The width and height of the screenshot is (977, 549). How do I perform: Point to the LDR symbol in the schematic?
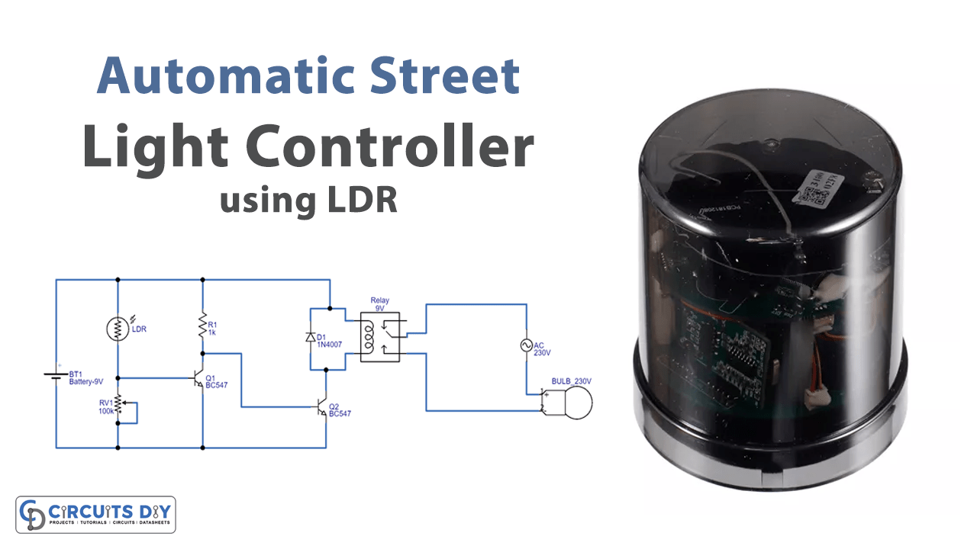[x=118, y=329]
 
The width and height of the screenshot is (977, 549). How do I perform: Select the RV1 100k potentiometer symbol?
[x=118, y=408]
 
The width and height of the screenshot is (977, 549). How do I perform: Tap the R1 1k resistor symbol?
[x=203, y=324]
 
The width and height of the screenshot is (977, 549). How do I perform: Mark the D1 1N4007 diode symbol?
[x=309, y=337]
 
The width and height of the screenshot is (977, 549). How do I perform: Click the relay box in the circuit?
[x=381, y=335]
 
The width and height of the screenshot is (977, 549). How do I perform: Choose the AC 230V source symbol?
[x=526, y=346]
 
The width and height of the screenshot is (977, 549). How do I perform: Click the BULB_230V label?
[x=572, y=381]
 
